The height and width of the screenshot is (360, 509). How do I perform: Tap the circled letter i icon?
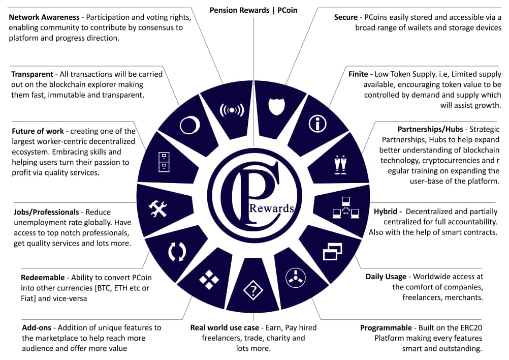317,124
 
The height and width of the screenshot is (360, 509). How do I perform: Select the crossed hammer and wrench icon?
158,209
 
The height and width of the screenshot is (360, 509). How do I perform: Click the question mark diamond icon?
253,290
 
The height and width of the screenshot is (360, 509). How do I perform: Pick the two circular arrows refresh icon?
177,251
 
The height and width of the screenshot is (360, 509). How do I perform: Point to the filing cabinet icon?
164,162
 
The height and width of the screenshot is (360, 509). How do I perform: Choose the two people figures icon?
340,165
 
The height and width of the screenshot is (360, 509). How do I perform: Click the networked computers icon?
346,207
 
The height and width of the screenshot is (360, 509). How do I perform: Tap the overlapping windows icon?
333,252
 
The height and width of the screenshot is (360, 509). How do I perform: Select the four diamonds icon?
209,279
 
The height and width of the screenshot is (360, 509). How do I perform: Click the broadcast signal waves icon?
232,110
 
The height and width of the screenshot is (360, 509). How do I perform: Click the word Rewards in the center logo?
271,208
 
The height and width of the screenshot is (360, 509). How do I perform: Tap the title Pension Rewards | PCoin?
253,10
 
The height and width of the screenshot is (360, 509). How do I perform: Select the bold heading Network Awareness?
44,17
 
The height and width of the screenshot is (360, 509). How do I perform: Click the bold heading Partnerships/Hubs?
430,129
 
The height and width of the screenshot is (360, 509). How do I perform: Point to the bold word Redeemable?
43,278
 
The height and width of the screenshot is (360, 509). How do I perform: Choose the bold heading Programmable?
386,328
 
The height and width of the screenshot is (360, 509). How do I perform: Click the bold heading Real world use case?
225,327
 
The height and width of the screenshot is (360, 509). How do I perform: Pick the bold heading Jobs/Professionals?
46,212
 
